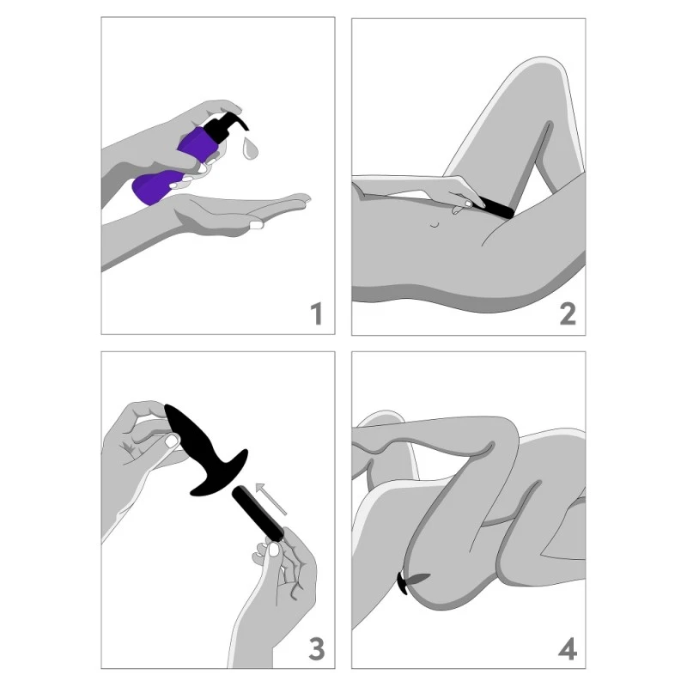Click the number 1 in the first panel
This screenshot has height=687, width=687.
[x=316, y=313]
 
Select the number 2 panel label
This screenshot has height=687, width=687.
[x=567, y=313]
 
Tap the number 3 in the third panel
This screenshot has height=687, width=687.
[x=316, y=648]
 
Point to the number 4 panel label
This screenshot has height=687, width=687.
[x=567, y=648]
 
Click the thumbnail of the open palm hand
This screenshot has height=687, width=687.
[x=255, y=225]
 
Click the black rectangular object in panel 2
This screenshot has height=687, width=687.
[x=496, y=207]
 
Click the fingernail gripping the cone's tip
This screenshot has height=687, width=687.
[x=172, y=441]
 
